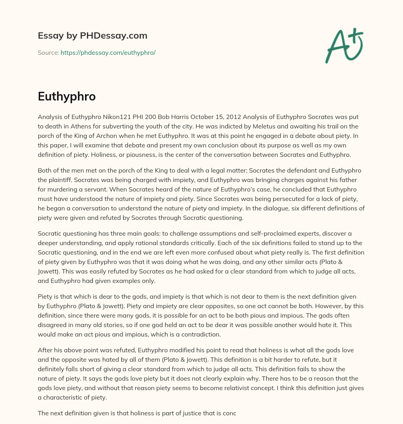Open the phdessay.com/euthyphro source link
(108, 52)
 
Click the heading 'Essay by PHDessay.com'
(92, 36)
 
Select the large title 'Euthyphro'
(67, 97)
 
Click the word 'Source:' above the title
(48, 52)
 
